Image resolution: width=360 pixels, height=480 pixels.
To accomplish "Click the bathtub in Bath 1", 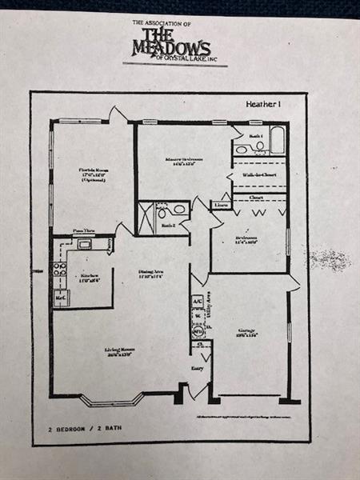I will tap(278, 141).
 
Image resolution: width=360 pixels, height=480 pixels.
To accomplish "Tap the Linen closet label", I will tap(222, 206).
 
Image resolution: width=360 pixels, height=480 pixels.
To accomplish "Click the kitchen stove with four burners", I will tap(59, 269).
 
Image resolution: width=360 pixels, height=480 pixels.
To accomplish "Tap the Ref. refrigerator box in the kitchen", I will tap(61, 298).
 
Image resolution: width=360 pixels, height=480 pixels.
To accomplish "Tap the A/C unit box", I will tap(196, 301).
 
